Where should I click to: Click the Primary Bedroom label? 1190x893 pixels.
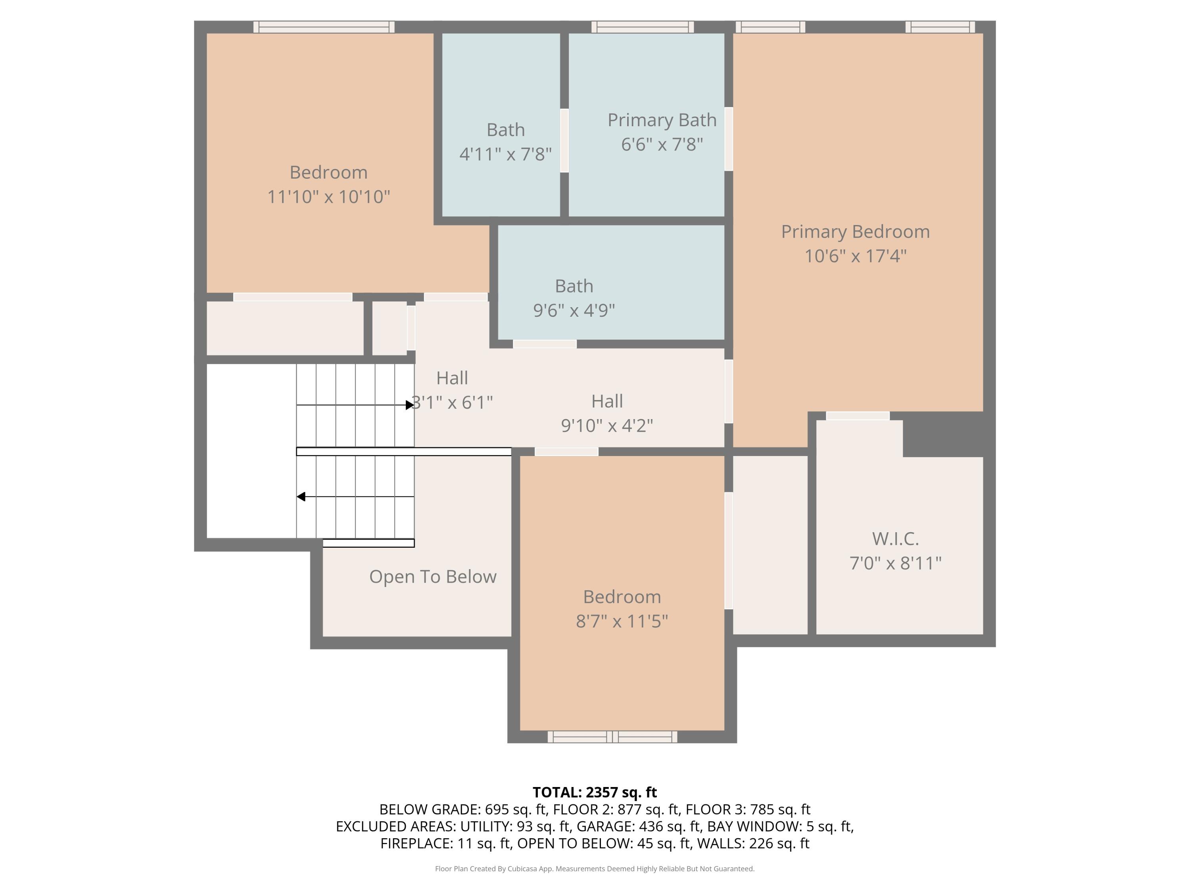click(855, 231)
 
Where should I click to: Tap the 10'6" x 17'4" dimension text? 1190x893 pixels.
click(855, 256)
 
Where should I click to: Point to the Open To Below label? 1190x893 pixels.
click(432, 577)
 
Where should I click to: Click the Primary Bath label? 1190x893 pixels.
click(662, 119)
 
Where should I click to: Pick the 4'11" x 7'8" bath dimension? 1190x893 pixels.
click(505, 154)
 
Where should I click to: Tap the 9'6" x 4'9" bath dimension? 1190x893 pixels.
click(574, 310)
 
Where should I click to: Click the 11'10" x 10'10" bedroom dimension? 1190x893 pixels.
click(328, 196)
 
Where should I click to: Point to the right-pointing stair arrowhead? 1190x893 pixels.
click(409, 405)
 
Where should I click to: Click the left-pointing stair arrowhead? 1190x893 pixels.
click(301, 496)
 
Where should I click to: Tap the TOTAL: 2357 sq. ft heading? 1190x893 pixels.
click(595, 792)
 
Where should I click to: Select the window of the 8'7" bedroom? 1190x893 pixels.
click(612, 737)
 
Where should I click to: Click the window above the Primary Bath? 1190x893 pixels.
click(642, 27)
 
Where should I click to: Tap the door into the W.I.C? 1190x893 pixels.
click(858, 416)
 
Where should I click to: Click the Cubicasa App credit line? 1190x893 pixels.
click(595, 869)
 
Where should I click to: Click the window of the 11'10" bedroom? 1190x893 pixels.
click(323, 27)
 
